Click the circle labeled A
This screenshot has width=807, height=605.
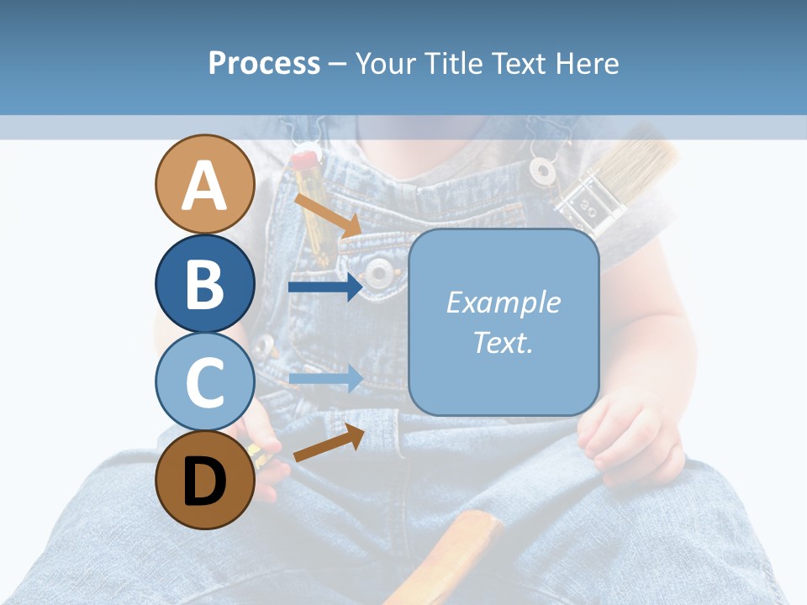coord(205,184)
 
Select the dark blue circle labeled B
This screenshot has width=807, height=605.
coord(205,284)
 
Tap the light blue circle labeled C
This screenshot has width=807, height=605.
coord(205,381)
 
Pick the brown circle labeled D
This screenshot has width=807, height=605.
coord(205,480)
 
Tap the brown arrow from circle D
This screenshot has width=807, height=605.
coord(329,444)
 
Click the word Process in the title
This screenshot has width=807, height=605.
coord(264,63)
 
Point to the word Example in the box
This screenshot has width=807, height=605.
coord(503,302)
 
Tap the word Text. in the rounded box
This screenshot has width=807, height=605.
coord(503,343)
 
